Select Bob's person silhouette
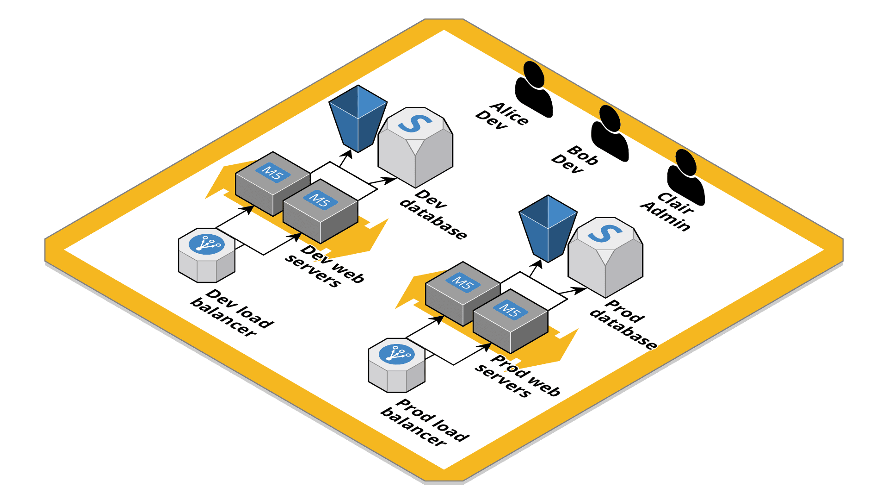[x=610, y=134]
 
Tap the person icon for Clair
[x=686, y=178]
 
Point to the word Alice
[x=509, y=113]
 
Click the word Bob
[x=583, y=156]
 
